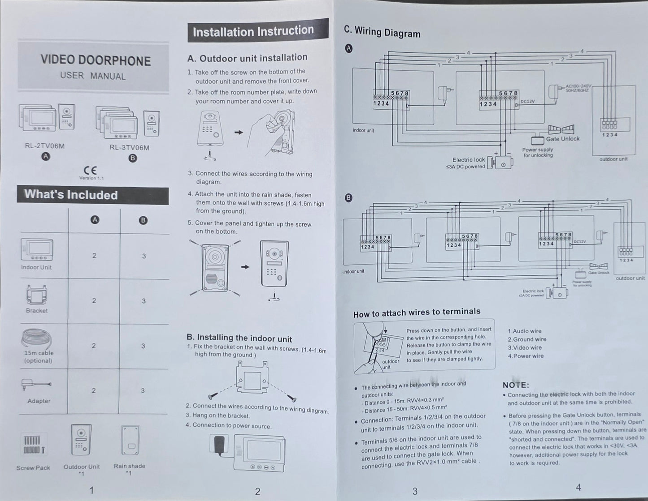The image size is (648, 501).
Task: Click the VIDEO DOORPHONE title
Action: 96,60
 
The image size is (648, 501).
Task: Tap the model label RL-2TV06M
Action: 45,146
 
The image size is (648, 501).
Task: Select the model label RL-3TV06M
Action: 129,147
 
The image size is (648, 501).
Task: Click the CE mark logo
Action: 90,170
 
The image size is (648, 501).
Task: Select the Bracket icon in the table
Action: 36,295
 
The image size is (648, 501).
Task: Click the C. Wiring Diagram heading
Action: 382,31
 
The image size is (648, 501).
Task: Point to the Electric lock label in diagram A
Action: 468,160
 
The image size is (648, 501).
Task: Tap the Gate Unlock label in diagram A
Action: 562,139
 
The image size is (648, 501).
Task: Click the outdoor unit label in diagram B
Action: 630,278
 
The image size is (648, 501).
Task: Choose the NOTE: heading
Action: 516,385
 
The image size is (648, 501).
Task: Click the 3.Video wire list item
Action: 524,347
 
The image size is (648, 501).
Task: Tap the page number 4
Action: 578,488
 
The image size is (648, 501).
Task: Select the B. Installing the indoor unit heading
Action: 239,338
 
